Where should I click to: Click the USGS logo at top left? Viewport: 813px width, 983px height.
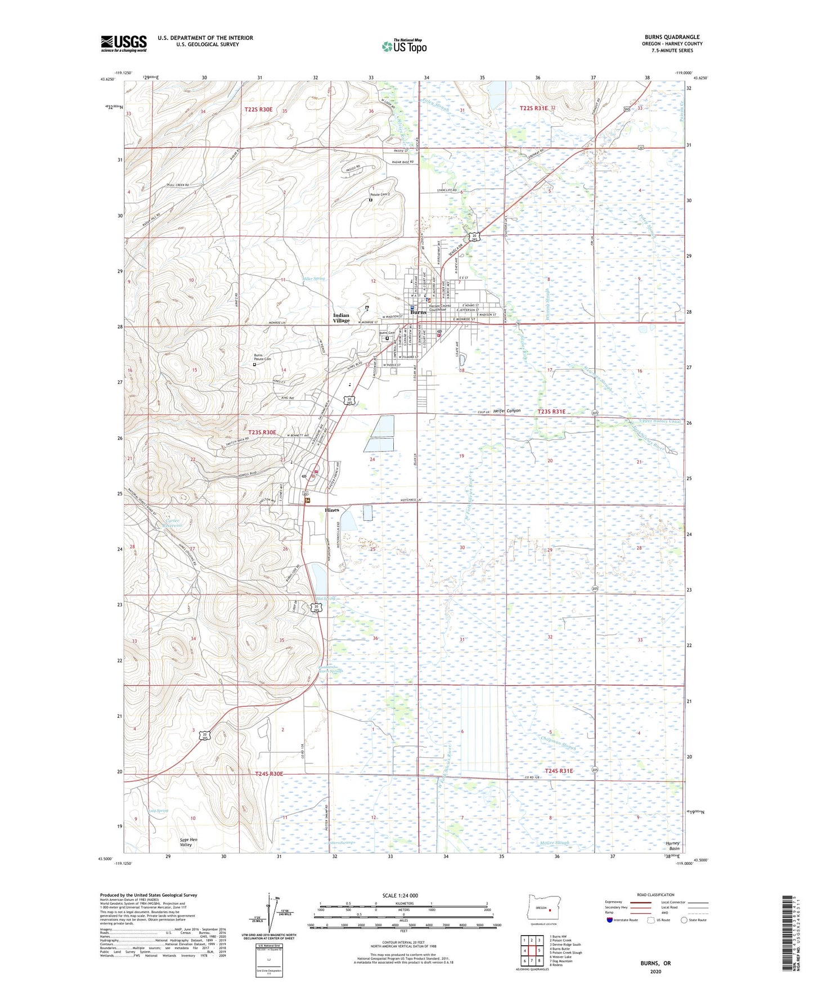pos(124,43)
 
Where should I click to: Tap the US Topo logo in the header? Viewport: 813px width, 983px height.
pos(403,46)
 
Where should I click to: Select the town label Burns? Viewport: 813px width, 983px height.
pos(418,312)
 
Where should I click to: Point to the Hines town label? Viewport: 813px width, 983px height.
pos(332,510)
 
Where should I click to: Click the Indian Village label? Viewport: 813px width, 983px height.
pos(341,318)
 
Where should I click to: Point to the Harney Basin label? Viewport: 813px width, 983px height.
pos(672,846)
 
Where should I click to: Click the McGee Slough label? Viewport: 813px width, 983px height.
pos(554,843)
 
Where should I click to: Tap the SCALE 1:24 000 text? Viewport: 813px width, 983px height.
pos(400,896)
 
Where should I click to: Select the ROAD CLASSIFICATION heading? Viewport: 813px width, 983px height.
pos(655,895)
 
